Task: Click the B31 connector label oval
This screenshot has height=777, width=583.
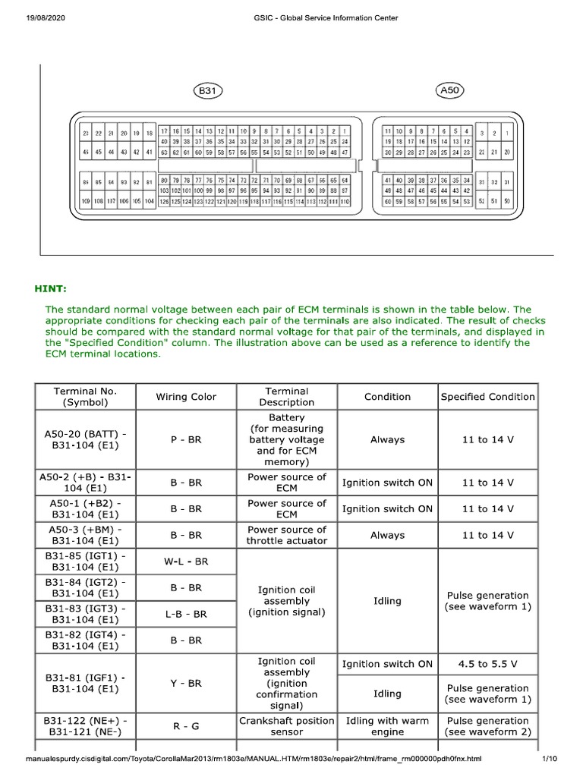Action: click(x=207, y=91)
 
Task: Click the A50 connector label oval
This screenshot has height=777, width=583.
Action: click(x=451, y=91)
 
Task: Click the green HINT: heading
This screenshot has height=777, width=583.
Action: click(x=50, y=288)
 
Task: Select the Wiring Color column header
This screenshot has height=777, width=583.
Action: click(x=186, y=397)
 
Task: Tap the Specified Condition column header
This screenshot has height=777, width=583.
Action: click(x=488, y=397)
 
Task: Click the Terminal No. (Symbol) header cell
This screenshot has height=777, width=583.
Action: click(x=85, y=397)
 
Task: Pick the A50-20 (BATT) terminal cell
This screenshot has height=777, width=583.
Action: click(x=85, y=439)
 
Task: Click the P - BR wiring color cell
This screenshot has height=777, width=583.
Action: click(x=186, y=439)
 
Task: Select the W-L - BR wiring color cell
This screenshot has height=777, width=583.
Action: click(x=186, y=562)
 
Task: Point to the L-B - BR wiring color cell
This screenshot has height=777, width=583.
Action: click(x=186, y=614)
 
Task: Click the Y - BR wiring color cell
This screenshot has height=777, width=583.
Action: click(x=186, y=683)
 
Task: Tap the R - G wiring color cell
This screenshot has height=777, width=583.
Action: click(x=186, y=726)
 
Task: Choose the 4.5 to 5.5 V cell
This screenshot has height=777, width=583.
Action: click(x=488, y=664)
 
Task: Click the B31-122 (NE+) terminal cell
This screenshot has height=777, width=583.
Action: click(x=85, y=726)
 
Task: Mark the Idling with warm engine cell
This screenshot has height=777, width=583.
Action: click(x=387, y=726)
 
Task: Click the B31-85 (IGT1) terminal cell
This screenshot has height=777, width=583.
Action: click(x=85, y=562)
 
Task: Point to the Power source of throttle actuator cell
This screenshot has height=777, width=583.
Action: click(x=286, y=535)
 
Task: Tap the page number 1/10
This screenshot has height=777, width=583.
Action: click(x=550, y=759)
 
